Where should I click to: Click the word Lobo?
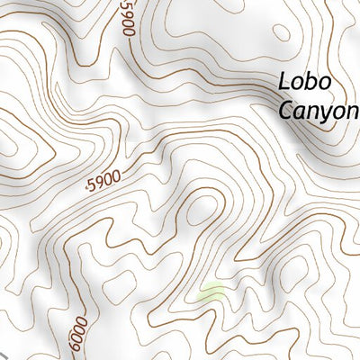tap(305, 82)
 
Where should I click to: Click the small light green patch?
tap(211, 292)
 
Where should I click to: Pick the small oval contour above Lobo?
tap(282, 32)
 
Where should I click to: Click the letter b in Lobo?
tap(311, 81)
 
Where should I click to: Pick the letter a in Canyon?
tap(300, 112)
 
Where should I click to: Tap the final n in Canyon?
tap(352, 112)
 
